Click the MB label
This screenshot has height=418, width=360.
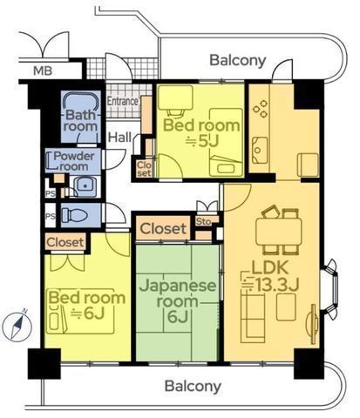[x=41, y=71]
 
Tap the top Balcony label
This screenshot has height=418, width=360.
[x=236, y=60]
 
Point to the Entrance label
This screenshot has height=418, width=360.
[x=122, y=101]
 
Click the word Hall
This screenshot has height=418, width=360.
[x=119, y=137]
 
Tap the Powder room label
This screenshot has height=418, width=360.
[x=74, y=162]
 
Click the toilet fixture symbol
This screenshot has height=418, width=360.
[x=77, y=214]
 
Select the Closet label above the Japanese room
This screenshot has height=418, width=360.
[x=162, y=229]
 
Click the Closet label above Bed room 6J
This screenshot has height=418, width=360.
[x=65, y=241]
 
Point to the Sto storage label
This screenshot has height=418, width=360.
[x=206, y=223]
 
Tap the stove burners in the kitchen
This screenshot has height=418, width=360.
[x=261, y=112]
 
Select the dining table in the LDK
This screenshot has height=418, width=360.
[x=279, y=230]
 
